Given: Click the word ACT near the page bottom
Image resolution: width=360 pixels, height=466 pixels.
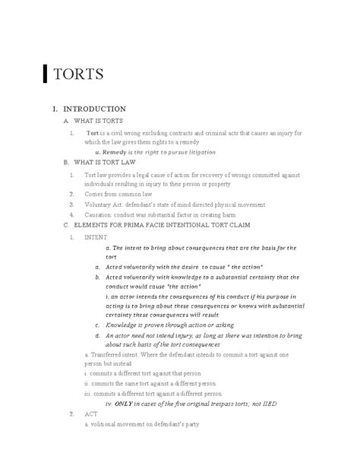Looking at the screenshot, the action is click(x=90, y=415).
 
